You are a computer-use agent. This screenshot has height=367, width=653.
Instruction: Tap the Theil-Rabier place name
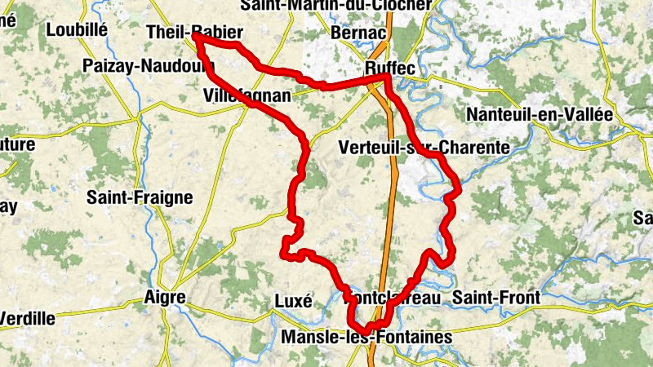click(x=193, y=33)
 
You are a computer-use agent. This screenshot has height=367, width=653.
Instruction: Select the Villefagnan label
click(x=246, y=96)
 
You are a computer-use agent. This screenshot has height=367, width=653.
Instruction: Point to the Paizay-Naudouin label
click(x=142, y=65)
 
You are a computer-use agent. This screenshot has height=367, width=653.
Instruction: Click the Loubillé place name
click(x=78, y=30)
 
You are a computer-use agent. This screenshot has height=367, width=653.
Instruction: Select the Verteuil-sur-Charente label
click(x=423, y=148)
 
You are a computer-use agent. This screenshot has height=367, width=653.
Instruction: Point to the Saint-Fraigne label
click(x=140, y=197)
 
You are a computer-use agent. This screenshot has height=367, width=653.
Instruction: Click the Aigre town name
click(x=164, y=298)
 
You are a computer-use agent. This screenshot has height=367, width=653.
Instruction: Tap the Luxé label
click(x=293, y=300)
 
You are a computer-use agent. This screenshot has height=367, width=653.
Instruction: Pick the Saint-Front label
click(x=495, y=298)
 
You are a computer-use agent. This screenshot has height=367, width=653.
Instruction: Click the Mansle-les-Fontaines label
click(x=365, y=336)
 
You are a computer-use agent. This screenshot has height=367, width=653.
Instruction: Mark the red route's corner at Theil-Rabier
click(x=197, y=37)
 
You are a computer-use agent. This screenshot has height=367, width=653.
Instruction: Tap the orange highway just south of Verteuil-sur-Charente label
click(x=394, y=175)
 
